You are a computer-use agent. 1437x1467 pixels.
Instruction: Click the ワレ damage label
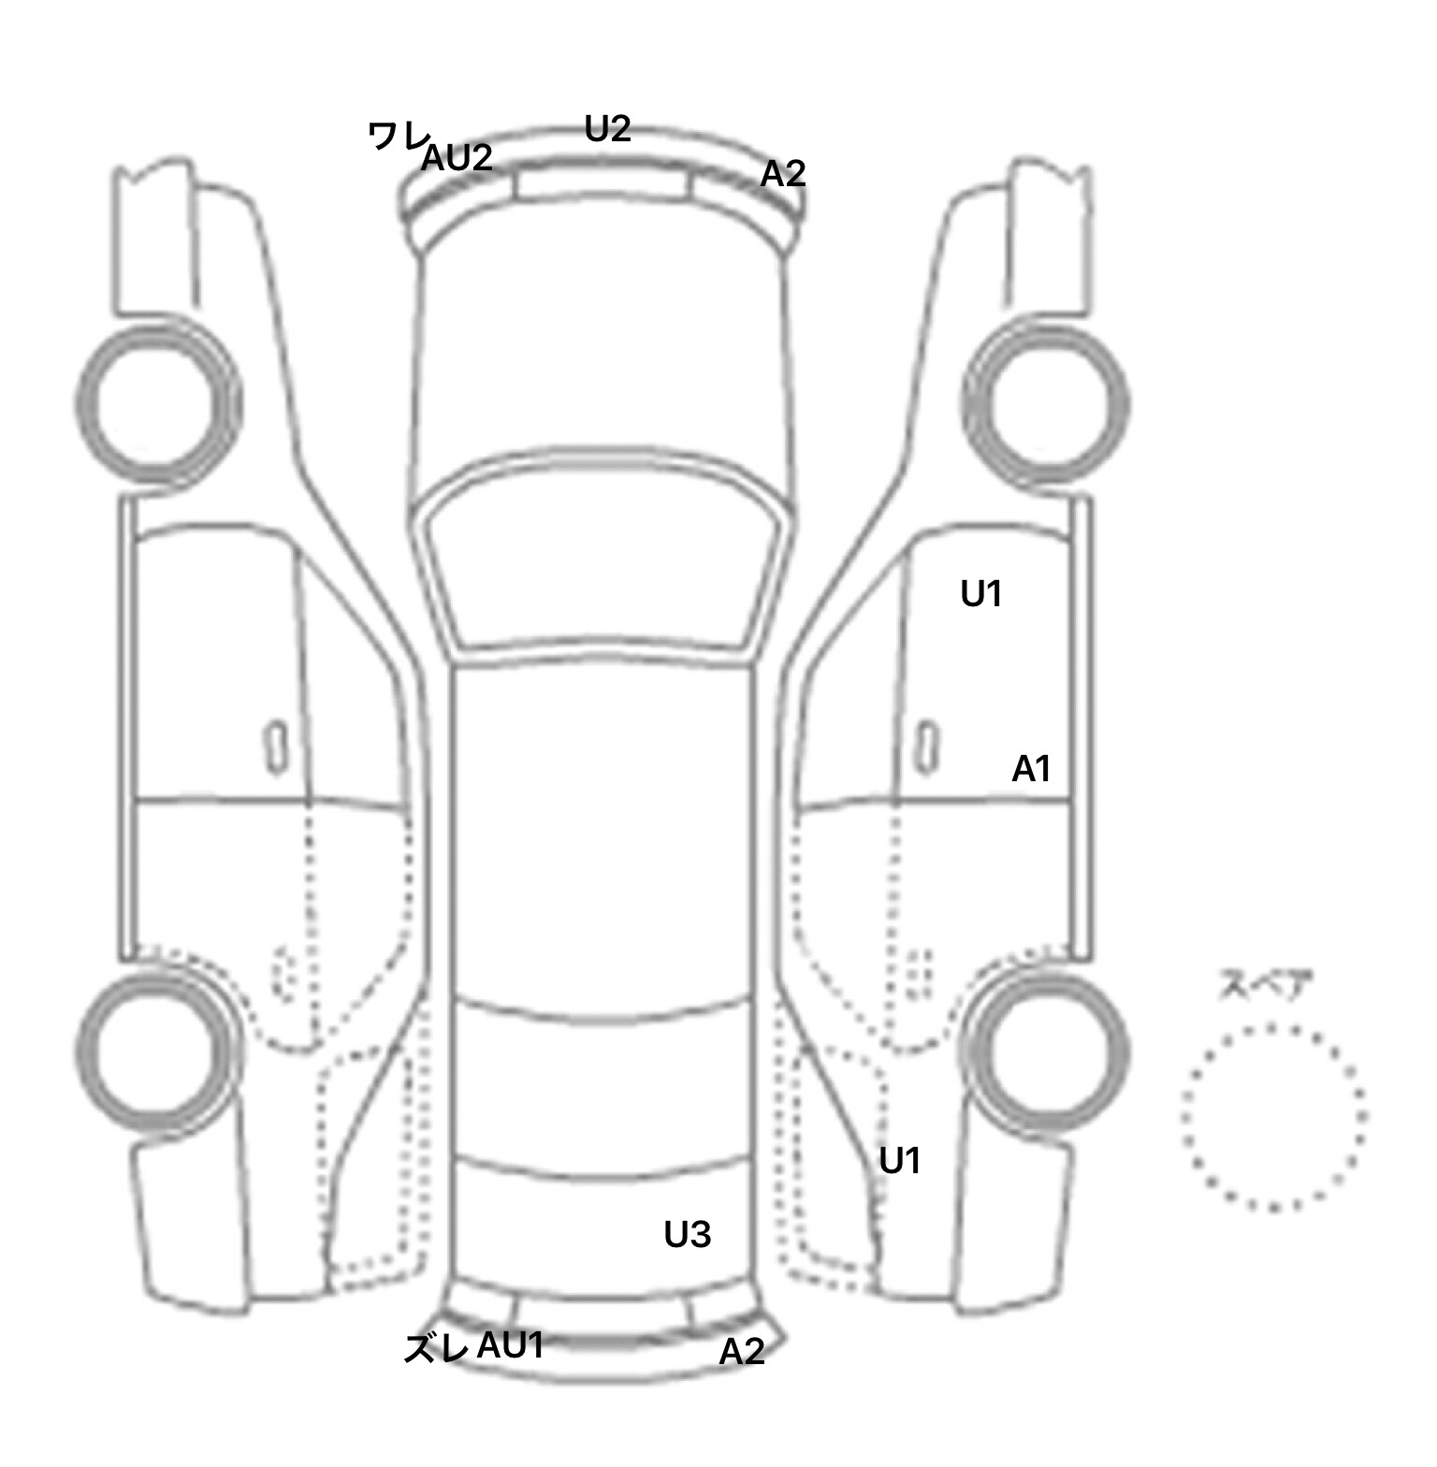point(398,137)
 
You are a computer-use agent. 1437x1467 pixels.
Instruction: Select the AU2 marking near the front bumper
point(457,157)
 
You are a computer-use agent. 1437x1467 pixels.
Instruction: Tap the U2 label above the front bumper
point(607,128)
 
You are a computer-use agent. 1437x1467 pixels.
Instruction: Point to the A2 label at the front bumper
point(782,173)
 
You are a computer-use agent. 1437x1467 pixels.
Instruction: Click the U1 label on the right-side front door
point(981,593)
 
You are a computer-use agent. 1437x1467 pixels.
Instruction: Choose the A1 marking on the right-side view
point(1031,769)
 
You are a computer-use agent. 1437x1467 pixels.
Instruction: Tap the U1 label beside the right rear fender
point(900,1161)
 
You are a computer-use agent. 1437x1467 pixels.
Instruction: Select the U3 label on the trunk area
point(688,1235)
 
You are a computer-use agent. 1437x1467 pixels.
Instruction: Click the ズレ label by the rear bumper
point(435,1348)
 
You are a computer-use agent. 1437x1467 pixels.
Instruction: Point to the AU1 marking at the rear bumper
point(511,1345)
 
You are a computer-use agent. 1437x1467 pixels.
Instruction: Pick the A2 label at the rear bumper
point(742,1351)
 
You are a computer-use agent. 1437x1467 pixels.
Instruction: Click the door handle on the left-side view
point(276,748)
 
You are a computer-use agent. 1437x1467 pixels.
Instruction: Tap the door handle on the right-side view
point(926,748)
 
